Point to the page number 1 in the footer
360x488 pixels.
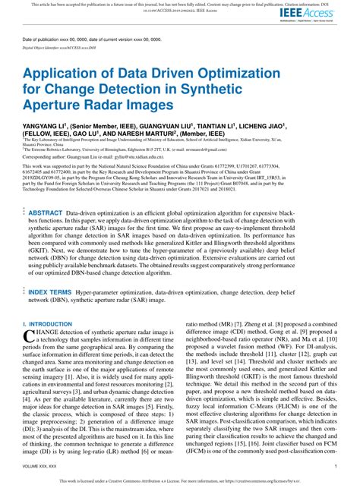pyautogui.click(x=335, y=464)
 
